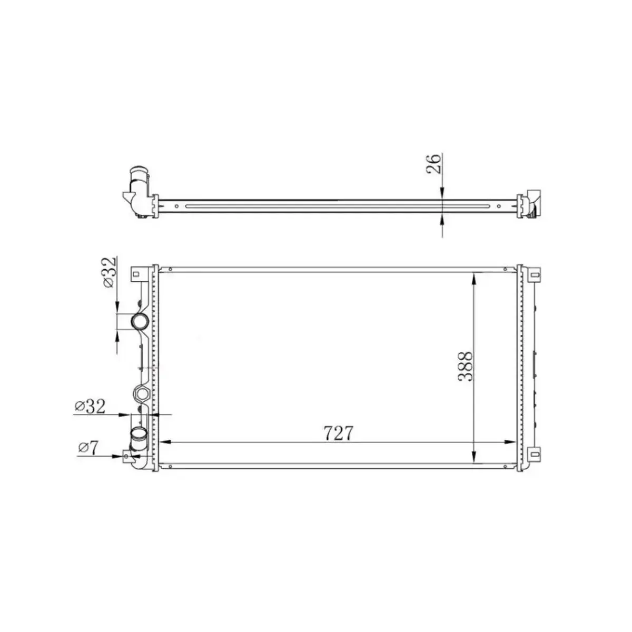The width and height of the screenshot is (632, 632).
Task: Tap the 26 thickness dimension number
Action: [x=433, y=165]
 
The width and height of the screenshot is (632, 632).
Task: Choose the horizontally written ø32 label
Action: [x=90, y=406]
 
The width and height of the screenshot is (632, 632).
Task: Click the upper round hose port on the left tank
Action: [x=140, y=321]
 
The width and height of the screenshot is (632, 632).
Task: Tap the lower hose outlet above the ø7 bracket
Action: [x=140, y=436]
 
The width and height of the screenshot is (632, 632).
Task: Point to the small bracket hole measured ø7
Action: [x=127, y=456]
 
